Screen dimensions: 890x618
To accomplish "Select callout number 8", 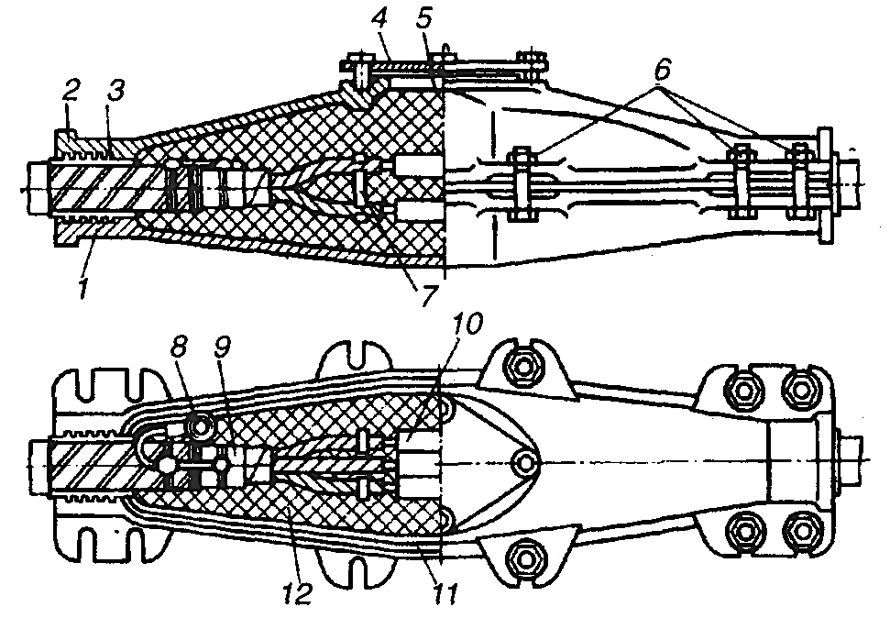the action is point(179,348).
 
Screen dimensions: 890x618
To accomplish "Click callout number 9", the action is point(222,348).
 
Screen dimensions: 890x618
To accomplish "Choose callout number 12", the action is point(296,593).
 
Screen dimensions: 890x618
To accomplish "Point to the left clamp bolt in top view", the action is point(522,183).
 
